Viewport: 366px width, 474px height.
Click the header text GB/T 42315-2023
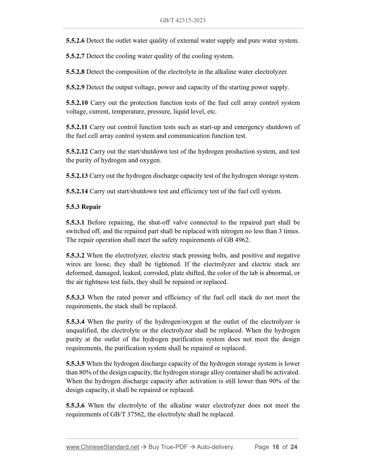(x=183, y=20)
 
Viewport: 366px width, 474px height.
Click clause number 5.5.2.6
(x=75, y=41)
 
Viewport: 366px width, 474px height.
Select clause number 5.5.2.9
(x=75, y=87)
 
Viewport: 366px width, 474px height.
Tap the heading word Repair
(x=91, y=207)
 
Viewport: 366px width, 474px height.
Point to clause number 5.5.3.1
(x=75, y=223)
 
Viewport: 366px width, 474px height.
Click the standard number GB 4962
(x=236, y=240)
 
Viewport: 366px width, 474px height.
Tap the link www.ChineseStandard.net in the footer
(x=103, y=447)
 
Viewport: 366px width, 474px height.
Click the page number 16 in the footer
(x=276, y=447)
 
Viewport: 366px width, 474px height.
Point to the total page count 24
(x=294, y=447)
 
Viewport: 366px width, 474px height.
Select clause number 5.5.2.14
(x=77, y=191)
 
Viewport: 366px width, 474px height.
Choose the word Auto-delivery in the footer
(x=215, y=447)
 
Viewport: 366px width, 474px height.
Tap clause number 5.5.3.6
(x=75, y=405)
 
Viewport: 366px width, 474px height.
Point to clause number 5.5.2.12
(x=77, y=152)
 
